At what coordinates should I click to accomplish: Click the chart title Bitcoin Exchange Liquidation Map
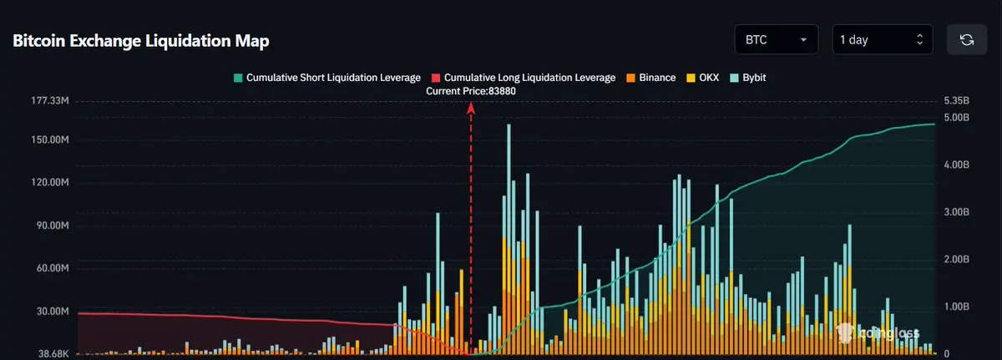(x=141, y=41)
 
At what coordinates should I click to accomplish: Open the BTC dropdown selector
(x=776, y=39)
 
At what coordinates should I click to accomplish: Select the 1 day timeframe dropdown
(x=882, y=39)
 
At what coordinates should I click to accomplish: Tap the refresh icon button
(x=967, y=39)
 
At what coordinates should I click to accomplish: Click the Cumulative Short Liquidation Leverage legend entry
(x=326, y=78)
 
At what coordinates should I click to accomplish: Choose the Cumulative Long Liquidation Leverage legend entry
(x=524, y=78)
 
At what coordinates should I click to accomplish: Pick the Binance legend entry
(x=650, y=78)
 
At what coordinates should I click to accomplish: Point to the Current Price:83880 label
(x=471, y=91)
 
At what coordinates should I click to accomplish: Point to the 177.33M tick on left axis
(x=49, y=101)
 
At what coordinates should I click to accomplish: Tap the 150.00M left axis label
(x=49, y=139)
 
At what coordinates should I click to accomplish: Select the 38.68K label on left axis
(x=52, y=354)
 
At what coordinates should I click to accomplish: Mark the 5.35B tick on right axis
(x=957, y=101)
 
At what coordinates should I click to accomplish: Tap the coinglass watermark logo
(x=877, y=333)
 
